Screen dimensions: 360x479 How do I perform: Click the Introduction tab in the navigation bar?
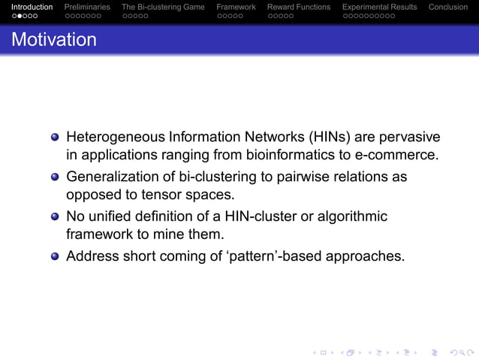pos(32,7)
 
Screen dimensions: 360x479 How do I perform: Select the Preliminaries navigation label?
pos(87,7)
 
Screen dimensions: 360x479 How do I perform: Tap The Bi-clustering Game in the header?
pos(163,7)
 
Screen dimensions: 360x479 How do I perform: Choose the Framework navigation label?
pos(236,7)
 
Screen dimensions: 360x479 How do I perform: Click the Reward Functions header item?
pos(299,7)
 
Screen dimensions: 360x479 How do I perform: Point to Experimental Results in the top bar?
pos(379,7)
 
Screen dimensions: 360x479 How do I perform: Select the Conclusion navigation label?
pos(447,7)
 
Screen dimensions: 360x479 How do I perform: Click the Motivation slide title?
pos(54,40)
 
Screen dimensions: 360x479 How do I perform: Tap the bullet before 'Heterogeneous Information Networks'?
pos(56,138)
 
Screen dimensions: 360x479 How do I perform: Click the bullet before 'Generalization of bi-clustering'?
pos(56,177)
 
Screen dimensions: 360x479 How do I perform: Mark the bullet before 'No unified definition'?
pos(56,217)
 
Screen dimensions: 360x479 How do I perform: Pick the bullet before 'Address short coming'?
pos(56,256)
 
